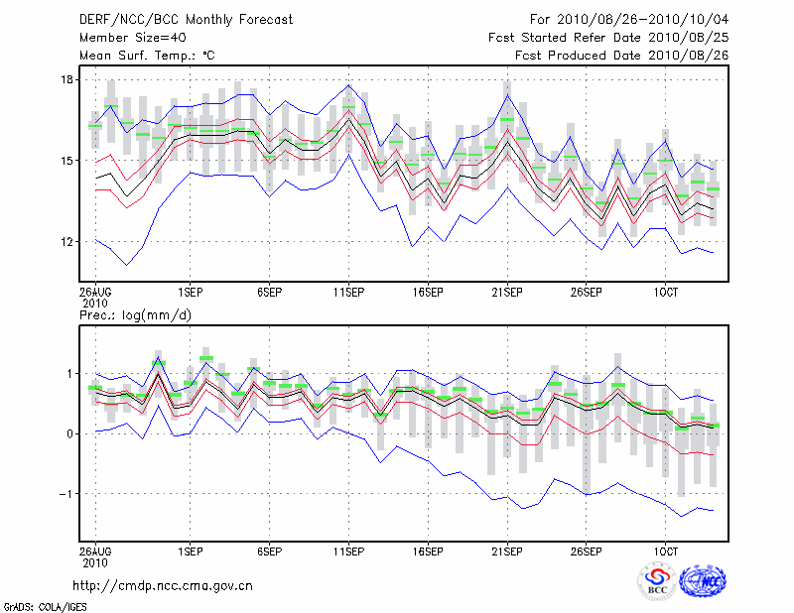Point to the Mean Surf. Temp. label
[147, 56]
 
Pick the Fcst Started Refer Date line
[608, 38]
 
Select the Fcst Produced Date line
[621, 56]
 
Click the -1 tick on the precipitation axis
[66, 494]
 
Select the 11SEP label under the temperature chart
[348, 293]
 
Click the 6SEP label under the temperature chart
[269, 293]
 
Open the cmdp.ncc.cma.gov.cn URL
[163, 586]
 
